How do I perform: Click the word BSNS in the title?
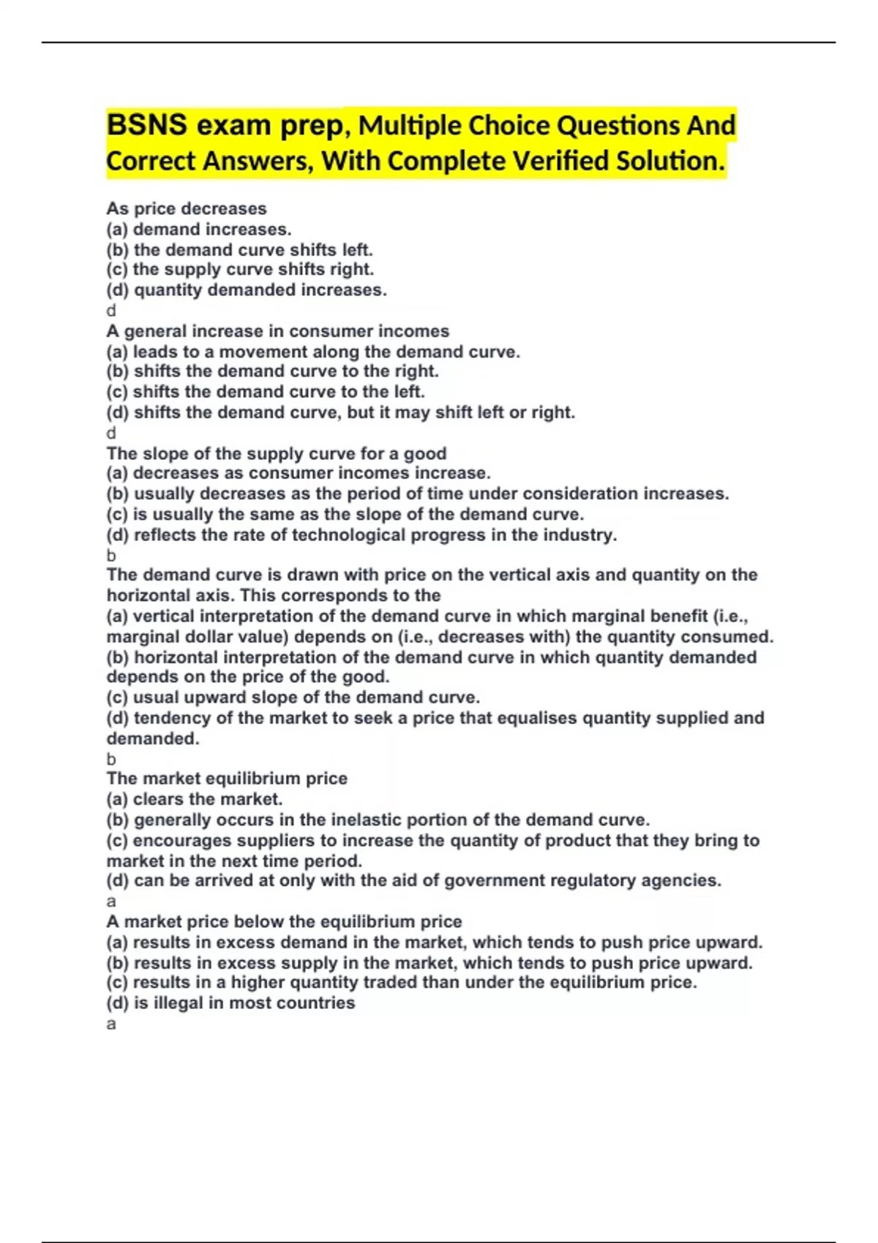[x=146, y=125]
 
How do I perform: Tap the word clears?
[x=156, y=799]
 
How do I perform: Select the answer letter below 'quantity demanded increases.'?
[x=111, y=311]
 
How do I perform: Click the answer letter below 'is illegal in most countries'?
[x=111, y=1024]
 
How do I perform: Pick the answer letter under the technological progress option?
[x=111, y=555]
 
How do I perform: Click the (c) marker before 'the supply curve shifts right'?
[x=117, y=270]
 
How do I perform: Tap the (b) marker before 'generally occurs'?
[x=117, y=820]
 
